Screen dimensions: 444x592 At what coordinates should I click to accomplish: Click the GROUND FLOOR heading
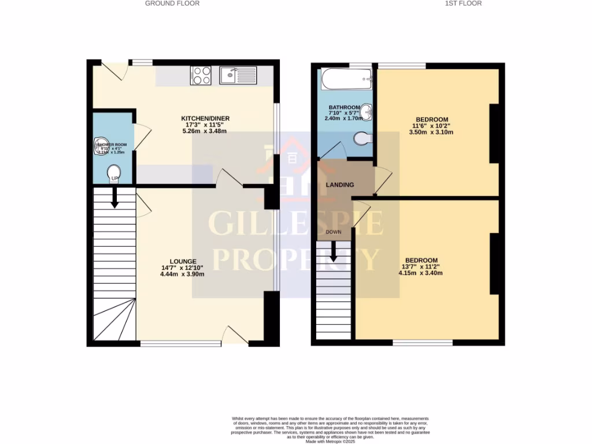coord(172,3)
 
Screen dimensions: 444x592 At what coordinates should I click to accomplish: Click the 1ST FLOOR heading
coord(463,3)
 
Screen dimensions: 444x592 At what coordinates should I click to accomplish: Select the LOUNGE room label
coord(183,261)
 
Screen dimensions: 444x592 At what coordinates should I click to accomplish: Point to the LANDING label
coord(340,185)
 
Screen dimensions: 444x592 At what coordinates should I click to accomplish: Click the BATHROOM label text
coord(344,108)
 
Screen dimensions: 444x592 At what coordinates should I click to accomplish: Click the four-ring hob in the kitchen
coord(201,75)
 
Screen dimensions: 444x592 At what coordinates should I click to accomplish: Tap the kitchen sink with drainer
coord(238,75)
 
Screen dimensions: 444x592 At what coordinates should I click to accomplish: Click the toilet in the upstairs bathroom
coord(362,139)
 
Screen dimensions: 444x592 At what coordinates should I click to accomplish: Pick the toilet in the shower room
coord(114,172)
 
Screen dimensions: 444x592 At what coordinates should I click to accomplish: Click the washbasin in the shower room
coord(101,146)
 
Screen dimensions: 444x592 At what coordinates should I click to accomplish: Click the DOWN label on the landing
coord(334,232)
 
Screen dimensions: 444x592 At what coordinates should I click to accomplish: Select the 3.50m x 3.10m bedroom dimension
coord(432,132)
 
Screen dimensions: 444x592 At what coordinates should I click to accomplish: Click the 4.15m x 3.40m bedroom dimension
coord(421,273)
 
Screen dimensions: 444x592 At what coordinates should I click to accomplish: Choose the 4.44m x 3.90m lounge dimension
coord(183,274)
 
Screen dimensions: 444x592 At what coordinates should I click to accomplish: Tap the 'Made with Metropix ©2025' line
coord(330,442)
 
